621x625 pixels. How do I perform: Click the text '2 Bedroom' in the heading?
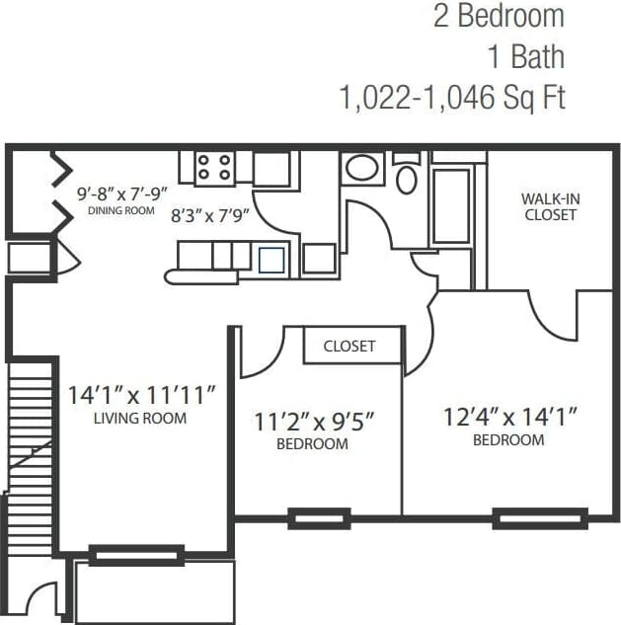(499, 17)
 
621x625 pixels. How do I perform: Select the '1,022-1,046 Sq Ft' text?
(452, 97)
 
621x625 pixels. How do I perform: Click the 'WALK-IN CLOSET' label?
(551, 206)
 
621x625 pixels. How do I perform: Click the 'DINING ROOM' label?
(121, 210)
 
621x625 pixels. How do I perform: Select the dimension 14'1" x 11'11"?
(141, 395)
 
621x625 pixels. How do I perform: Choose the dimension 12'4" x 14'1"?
(508, 417)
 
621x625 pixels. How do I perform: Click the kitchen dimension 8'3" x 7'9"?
(210, 213)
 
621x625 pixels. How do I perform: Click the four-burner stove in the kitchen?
(214, 167)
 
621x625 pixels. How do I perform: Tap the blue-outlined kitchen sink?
(271, 260)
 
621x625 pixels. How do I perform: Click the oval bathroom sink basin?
(361, 168)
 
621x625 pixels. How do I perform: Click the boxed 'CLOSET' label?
(349, 346)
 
